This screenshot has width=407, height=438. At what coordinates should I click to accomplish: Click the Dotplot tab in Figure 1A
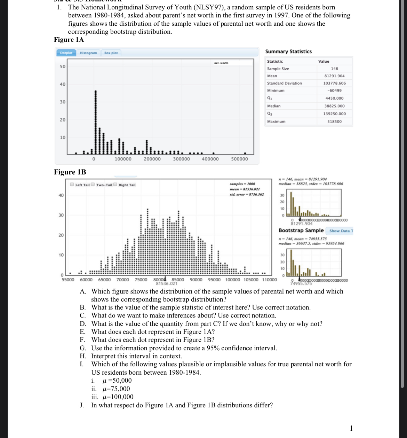(x=66, y=53)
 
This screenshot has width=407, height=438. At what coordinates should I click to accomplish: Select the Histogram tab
(x=88, y=53)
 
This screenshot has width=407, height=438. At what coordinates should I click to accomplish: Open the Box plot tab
(x=111, y=53)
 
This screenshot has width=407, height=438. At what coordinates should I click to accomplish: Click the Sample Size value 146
(x=334, y=69)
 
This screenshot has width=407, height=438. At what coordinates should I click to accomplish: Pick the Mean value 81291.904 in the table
(x=334, y=76)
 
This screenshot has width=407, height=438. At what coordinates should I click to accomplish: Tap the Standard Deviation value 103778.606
(x=334, y=83)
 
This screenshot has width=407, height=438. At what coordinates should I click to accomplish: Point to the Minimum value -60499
(x=334, y=91)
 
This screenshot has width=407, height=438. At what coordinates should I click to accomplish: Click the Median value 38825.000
(x=334, y=106)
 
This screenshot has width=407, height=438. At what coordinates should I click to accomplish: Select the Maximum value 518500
(x=334, y=122)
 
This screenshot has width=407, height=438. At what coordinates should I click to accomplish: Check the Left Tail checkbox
(x=72, y=185)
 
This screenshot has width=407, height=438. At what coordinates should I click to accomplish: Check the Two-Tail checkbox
(x=93, y=185)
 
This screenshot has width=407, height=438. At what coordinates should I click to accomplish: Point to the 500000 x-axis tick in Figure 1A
(x=239, y=159)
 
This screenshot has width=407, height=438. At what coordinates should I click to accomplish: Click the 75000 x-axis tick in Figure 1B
(x=141, y=280)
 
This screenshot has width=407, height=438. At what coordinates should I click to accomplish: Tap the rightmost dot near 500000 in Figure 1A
(x=245, y=153)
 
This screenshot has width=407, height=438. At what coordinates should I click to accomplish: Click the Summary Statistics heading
(x=288, y=52)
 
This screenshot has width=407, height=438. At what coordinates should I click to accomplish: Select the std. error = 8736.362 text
(x=247, y=194)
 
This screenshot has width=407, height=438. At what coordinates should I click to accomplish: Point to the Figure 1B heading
(x=70, y=172)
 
